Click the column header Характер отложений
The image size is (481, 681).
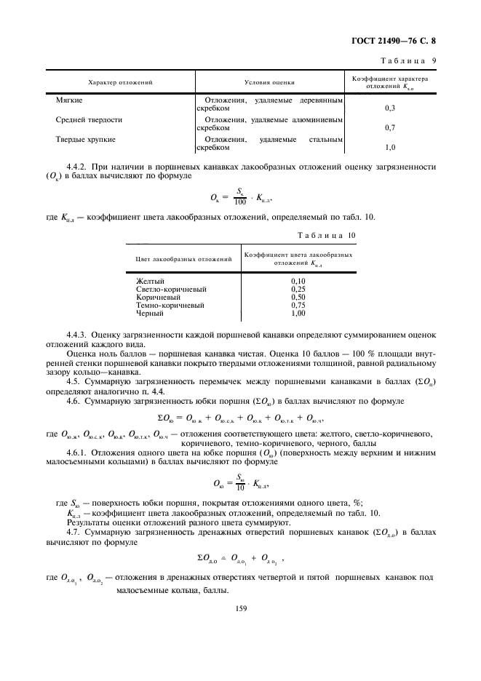click(x=121, y=83)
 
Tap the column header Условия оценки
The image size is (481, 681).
click(x=271, y=83)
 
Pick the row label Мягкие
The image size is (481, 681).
click(x=69, y=97)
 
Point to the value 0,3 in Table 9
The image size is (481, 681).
click(x=389, y=108)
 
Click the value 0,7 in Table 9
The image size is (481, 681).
click(x=389, y=127)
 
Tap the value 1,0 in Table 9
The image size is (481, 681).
click(x=389, y=148)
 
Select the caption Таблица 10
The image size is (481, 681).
click(x=327, y=235)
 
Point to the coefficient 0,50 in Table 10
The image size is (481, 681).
click(x=298, y=297)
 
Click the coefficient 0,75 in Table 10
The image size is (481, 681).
click(x=298, y=305)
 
